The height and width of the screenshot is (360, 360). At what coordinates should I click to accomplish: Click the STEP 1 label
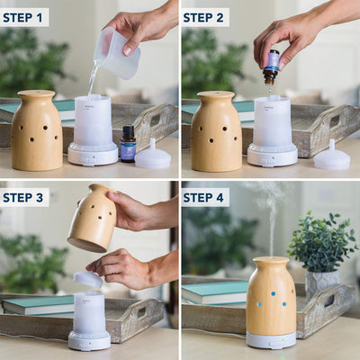22,18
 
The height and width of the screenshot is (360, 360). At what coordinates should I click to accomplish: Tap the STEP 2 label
203,18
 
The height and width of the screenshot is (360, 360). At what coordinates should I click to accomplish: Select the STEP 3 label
22,198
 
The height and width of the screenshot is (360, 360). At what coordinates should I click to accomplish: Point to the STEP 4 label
203,198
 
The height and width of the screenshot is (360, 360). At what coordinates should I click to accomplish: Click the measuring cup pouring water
117,53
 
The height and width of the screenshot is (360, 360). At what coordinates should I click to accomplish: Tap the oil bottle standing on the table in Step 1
128,144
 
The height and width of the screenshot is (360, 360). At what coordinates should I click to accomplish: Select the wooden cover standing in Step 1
37,130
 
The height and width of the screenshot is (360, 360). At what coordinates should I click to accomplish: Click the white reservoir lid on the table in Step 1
153,156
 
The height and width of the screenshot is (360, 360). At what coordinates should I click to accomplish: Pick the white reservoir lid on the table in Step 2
332,156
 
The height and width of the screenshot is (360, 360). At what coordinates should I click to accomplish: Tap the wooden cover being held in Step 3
92,218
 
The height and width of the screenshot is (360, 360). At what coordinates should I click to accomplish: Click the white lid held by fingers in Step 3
88,279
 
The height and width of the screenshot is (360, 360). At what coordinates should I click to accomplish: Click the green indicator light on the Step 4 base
282,341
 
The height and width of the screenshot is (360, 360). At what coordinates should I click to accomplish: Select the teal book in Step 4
215,292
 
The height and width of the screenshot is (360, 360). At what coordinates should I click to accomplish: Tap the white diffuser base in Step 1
93,154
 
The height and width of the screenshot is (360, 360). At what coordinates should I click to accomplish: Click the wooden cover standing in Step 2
216,131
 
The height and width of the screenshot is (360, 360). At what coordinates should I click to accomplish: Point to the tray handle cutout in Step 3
141,313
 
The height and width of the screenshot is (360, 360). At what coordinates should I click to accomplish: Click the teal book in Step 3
38,305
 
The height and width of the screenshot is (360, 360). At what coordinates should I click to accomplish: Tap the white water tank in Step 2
273,122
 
